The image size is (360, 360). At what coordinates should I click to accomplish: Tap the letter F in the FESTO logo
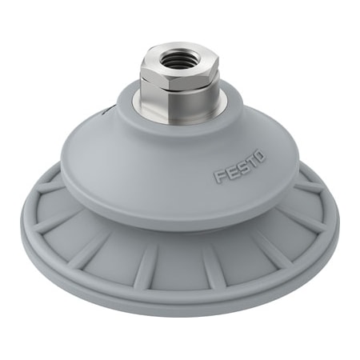coord(218,178)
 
